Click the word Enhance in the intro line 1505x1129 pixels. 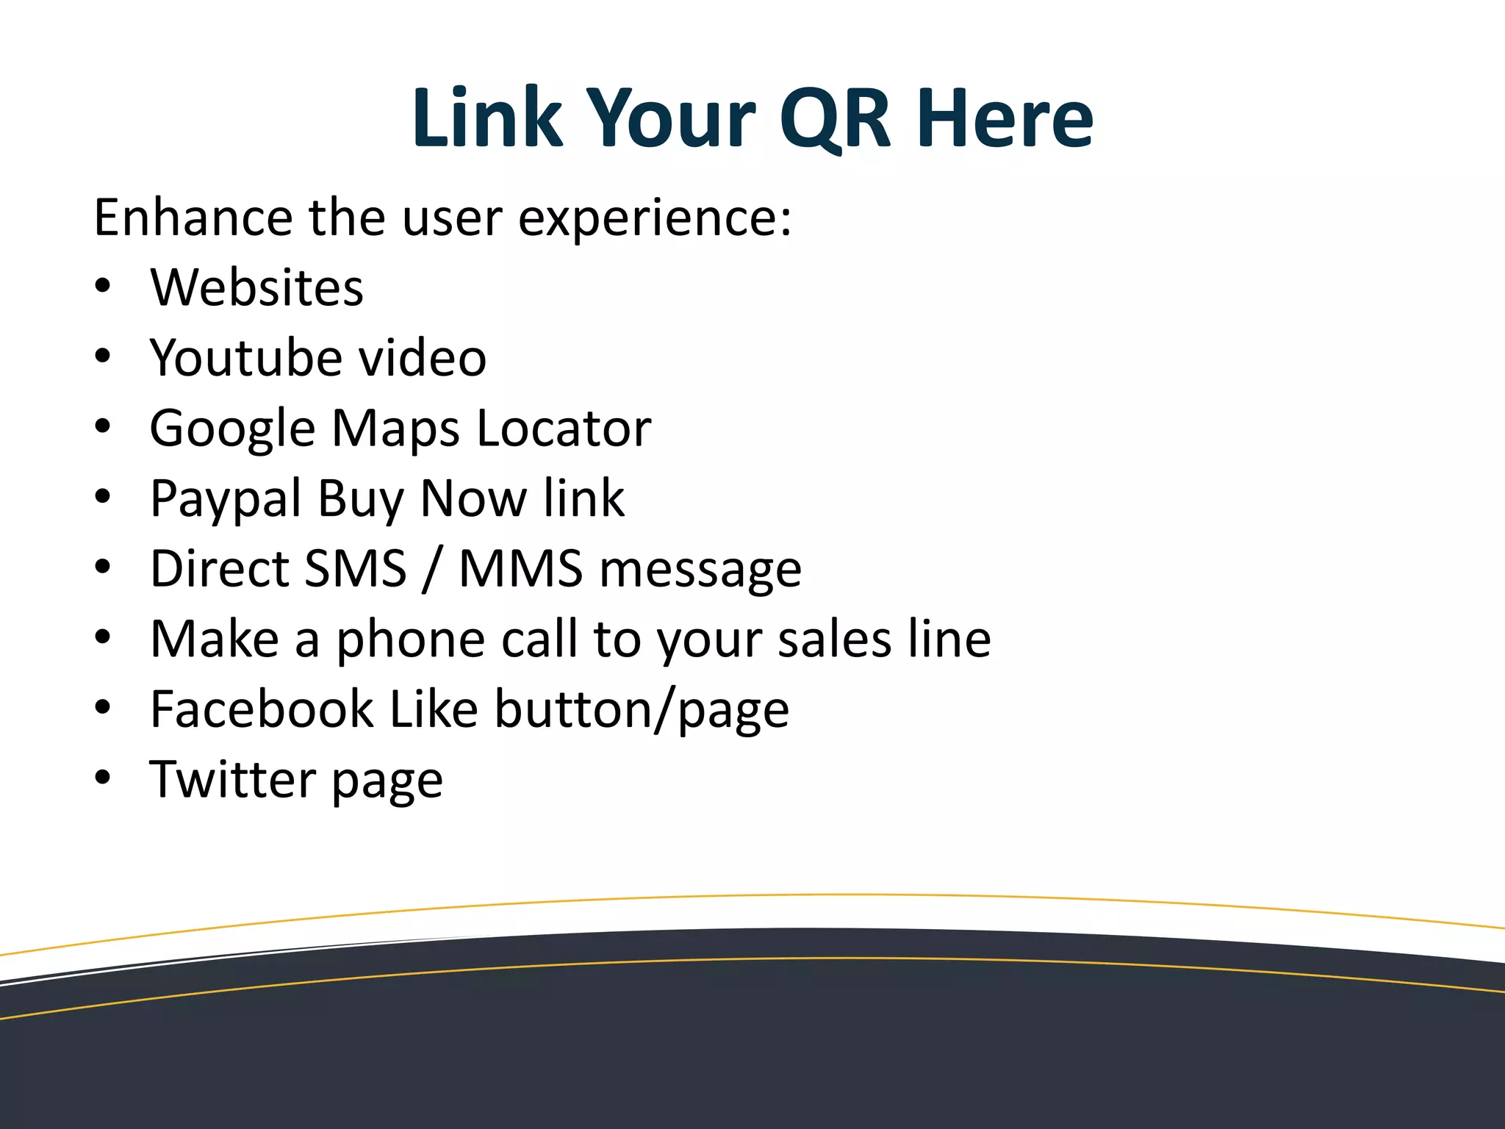coord(193,218)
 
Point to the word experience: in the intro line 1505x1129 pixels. coord(655,219)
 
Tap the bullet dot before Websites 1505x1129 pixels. coord(103,286)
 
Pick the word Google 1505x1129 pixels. coord(232,429)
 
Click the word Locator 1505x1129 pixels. coord(564,428)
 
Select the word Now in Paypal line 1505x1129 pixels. coord(473,498)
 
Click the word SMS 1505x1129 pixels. coord(355,568)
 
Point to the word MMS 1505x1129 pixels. coord(521,568)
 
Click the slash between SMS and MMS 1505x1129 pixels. coord(432,570)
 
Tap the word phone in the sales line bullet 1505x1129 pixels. coord(410,639)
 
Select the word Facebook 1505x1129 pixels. coord(262,709)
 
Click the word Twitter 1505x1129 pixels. coord(231,779)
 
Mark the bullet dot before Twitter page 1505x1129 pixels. coord(103,778)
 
